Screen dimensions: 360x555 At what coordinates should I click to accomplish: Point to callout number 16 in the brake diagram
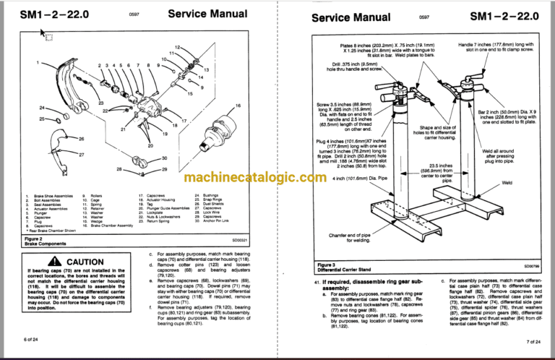[238, 106]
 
